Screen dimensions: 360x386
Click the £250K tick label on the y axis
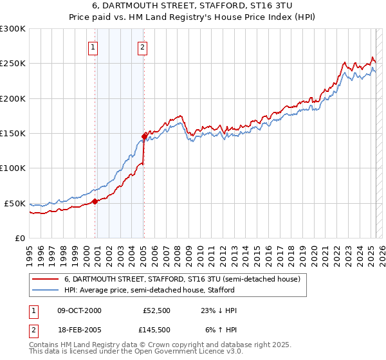[13, 64]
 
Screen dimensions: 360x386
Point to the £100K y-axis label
[13, 168]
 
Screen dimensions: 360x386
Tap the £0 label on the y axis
[19, 238]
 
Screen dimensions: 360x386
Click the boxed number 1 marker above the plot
[94, 46]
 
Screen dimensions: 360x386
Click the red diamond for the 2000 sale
[95, 201]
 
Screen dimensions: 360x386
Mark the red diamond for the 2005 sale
[144, 136]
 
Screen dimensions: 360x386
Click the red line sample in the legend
[45, 280]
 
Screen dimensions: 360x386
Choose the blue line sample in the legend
[45, 290]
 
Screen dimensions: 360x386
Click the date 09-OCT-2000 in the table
[79, 310]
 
